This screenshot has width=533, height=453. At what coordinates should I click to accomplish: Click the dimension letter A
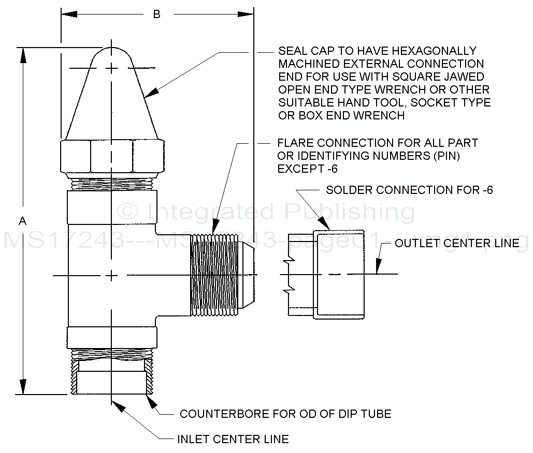point(22,221)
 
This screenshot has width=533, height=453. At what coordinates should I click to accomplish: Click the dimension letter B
point(156,14)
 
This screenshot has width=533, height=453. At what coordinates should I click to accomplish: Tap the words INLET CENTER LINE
point(233,440)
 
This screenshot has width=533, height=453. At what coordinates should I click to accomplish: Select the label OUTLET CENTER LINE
point(457,243)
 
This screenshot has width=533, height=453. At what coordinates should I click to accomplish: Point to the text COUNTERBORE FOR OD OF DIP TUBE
point(285,414)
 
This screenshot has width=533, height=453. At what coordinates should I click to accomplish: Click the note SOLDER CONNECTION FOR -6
point(409,190)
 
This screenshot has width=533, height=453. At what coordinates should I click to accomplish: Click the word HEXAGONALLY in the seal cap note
point(434,51)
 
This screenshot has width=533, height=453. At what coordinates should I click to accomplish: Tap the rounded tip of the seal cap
point(112,54)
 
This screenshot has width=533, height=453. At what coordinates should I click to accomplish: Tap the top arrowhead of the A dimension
point(23,54)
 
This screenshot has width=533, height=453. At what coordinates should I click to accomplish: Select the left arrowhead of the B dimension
point(67,14)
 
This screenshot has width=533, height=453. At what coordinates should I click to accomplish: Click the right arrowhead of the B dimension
point(248,14)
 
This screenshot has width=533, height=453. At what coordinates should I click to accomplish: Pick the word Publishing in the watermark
point(350,212)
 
